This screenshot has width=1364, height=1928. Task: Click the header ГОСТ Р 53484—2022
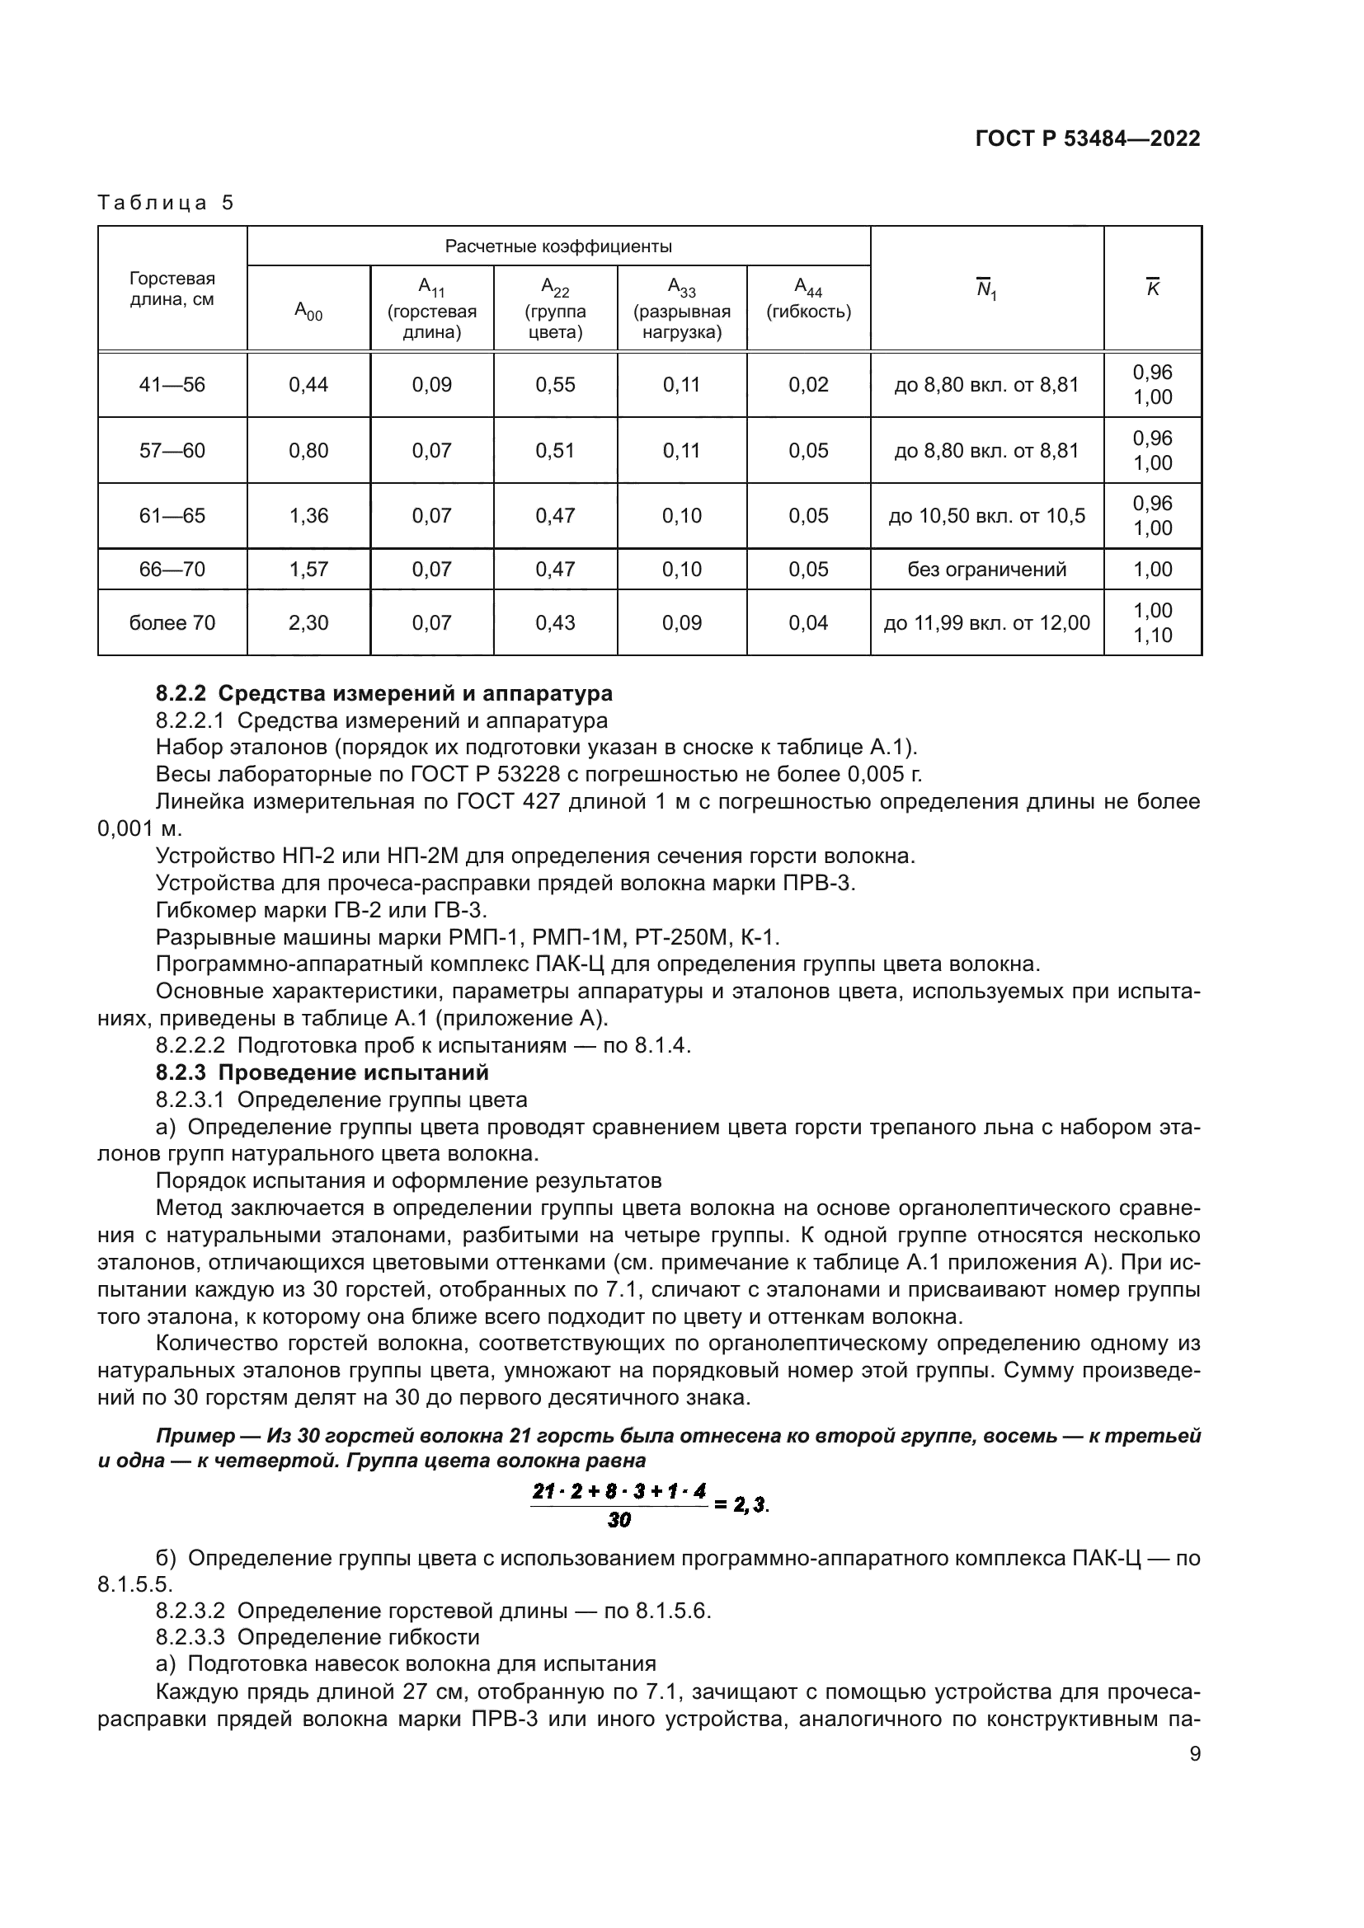click(x=1087, y=138)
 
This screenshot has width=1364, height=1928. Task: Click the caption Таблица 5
click(x=166, y=203)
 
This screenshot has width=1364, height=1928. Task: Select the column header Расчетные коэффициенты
click(x=557, y=246)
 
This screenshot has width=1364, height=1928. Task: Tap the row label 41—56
click(x=172, y=385)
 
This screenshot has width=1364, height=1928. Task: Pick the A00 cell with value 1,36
click(x=308, y=515)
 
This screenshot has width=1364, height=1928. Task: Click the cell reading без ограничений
click(x=986, y=570)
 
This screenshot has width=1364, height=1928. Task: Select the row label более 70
click(x=172, y=622)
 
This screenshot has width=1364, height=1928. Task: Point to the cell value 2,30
click(x=308, y=622)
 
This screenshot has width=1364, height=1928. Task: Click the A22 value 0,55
click(x=555, y=385)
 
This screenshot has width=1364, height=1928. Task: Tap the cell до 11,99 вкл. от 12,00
click(x=986, y=622)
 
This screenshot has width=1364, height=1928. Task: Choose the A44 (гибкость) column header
click(x=808, y=301)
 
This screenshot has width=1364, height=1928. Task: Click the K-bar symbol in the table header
click(x=1152, y=288)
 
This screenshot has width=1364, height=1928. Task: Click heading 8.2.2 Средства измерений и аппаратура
click(x=383, y=693)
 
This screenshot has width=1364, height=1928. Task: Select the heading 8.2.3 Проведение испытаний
click(x=322, y=1072)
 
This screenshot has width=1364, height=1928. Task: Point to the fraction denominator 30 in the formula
click(x=619, y=1519)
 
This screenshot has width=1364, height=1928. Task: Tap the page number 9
click(x=1194, y=1753)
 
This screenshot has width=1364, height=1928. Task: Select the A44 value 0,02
click(x=808, y=385)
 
